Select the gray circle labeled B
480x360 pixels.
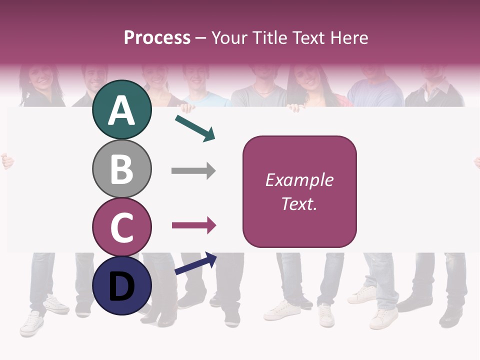(x=121, y=168)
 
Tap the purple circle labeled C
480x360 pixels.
(x=121, y=227)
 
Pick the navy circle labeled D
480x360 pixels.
(x=121, y=285)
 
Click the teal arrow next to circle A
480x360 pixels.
(x=195, y=127)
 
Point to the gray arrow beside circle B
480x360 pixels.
(x=193, y=171)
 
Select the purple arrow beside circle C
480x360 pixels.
(x=194, y=225)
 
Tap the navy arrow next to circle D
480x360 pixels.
(x=195, y=263)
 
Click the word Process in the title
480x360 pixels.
(x=157, y=37)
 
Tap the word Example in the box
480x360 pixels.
(x=299, y=180)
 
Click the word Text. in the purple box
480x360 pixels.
(x=299, y=203)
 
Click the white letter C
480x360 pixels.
(x=121, y=227)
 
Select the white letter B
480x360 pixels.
(x=121, y=169)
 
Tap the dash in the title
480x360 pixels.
(x=201, y=38)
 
